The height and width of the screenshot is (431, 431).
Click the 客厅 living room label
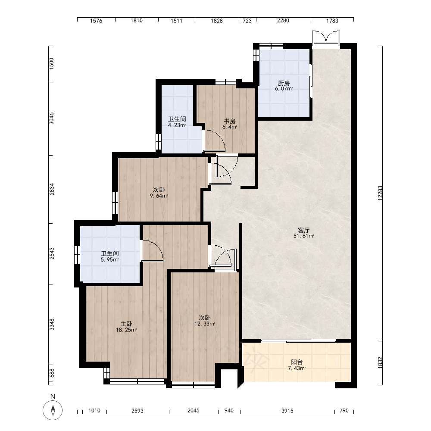[303, 230]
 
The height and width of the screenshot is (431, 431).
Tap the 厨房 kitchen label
[284, 83]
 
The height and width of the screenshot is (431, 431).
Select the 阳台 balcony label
[297, 362]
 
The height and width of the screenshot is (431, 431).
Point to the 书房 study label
[230, 121]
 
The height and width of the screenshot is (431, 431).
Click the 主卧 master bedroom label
[126, 324]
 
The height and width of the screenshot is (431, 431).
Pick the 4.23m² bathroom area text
[177, 125]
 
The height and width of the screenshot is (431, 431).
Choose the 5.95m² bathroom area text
[109, 259]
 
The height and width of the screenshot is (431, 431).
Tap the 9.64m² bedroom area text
[159, 196]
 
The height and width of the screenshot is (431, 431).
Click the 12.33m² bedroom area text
[205, 324]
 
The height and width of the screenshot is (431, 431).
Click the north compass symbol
[53, 410]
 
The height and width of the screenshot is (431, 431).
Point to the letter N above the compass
[53, 397]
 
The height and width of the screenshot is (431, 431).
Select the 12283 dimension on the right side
[380, 193]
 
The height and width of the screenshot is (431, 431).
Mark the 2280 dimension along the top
[283, 21]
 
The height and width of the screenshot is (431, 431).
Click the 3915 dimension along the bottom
[287, 411]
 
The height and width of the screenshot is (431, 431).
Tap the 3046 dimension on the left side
[52, 119]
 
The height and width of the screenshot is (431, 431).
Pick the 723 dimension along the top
[247, 21]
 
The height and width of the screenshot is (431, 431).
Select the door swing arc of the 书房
[217, 137]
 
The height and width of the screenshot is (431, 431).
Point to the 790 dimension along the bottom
[344, 411]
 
